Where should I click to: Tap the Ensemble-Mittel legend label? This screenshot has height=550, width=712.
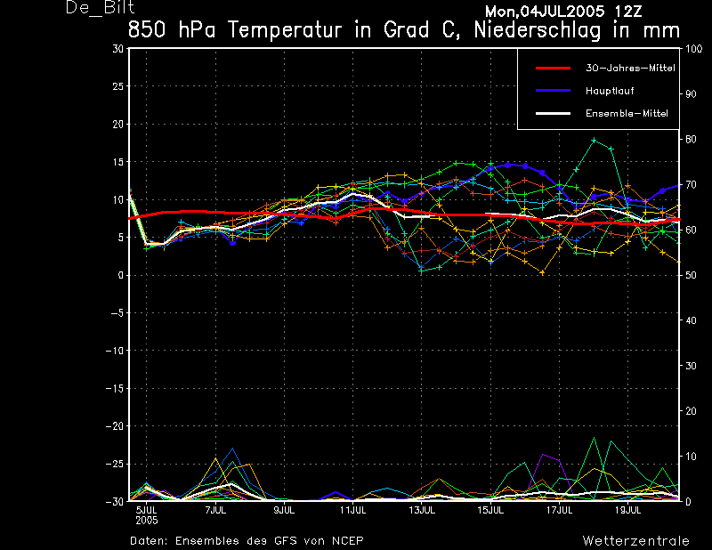627,114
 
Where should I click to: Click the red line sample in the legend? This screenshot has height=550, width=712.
552,68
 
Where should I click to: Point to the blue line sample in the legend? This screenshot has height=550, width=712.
552,91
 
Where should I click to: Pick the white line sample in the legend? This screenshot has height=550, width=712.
552,114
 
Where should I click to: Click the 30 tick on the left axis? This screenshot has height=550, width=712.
117,49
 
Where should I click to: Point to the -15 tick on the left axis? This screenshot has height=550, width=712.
115,388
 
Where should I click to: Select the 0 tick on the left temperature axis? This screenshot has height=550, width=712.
120,275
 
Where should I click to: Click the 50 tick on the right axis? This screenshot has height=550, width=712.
687,275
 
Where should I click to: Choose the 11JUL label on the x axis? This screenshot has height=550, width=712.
353,511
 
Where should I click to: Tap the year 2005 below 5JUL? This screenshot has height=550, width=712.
146,520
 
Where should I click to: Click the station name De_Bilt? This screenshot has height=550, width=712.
101,9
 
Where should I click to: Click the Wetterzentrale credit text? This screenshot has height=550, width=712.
635,540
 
